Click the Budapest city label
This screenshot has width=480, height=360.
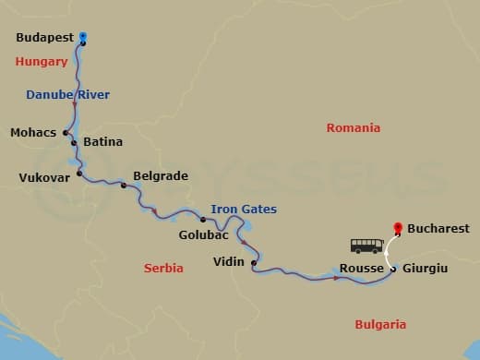pos(45,38)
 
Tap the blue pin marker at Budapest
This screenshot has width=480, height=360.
pos(83,38)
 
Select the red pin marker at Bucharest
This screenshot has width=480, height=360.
pos(397,226)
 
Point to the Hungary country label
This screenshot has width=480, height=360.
pos(42,62)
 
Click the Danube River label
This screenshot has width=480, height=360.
pos(67,94)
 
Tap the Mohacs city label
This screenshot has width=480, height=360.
pos(33,133)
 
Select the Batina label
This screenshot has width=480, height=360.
pos(102,142)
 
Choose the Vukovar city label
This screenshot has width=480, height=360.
pos(44,177)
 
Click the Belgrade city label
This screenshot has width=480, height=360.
pos(161,175)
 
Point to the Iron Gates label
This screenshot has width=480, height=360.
pos(244,210)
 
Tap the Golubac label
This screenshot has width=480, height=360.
pos(203,235)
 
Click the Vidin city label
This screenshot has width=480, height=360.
pos(228,261)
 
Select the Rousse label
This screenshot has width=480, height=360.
pos(361,268)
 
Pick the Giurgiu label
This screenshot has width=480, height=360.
pos(426,268)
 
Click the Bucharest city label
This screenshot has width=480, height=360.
pos(438,228)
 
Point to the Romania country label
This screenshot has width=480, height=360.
pos(354,128)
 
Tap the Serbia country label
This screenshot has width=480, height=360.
pos(163,268)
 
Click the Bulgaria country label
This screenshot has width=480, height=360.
pos(380,324)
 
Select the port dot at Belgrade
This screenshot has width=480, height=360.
pos(123,186)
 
